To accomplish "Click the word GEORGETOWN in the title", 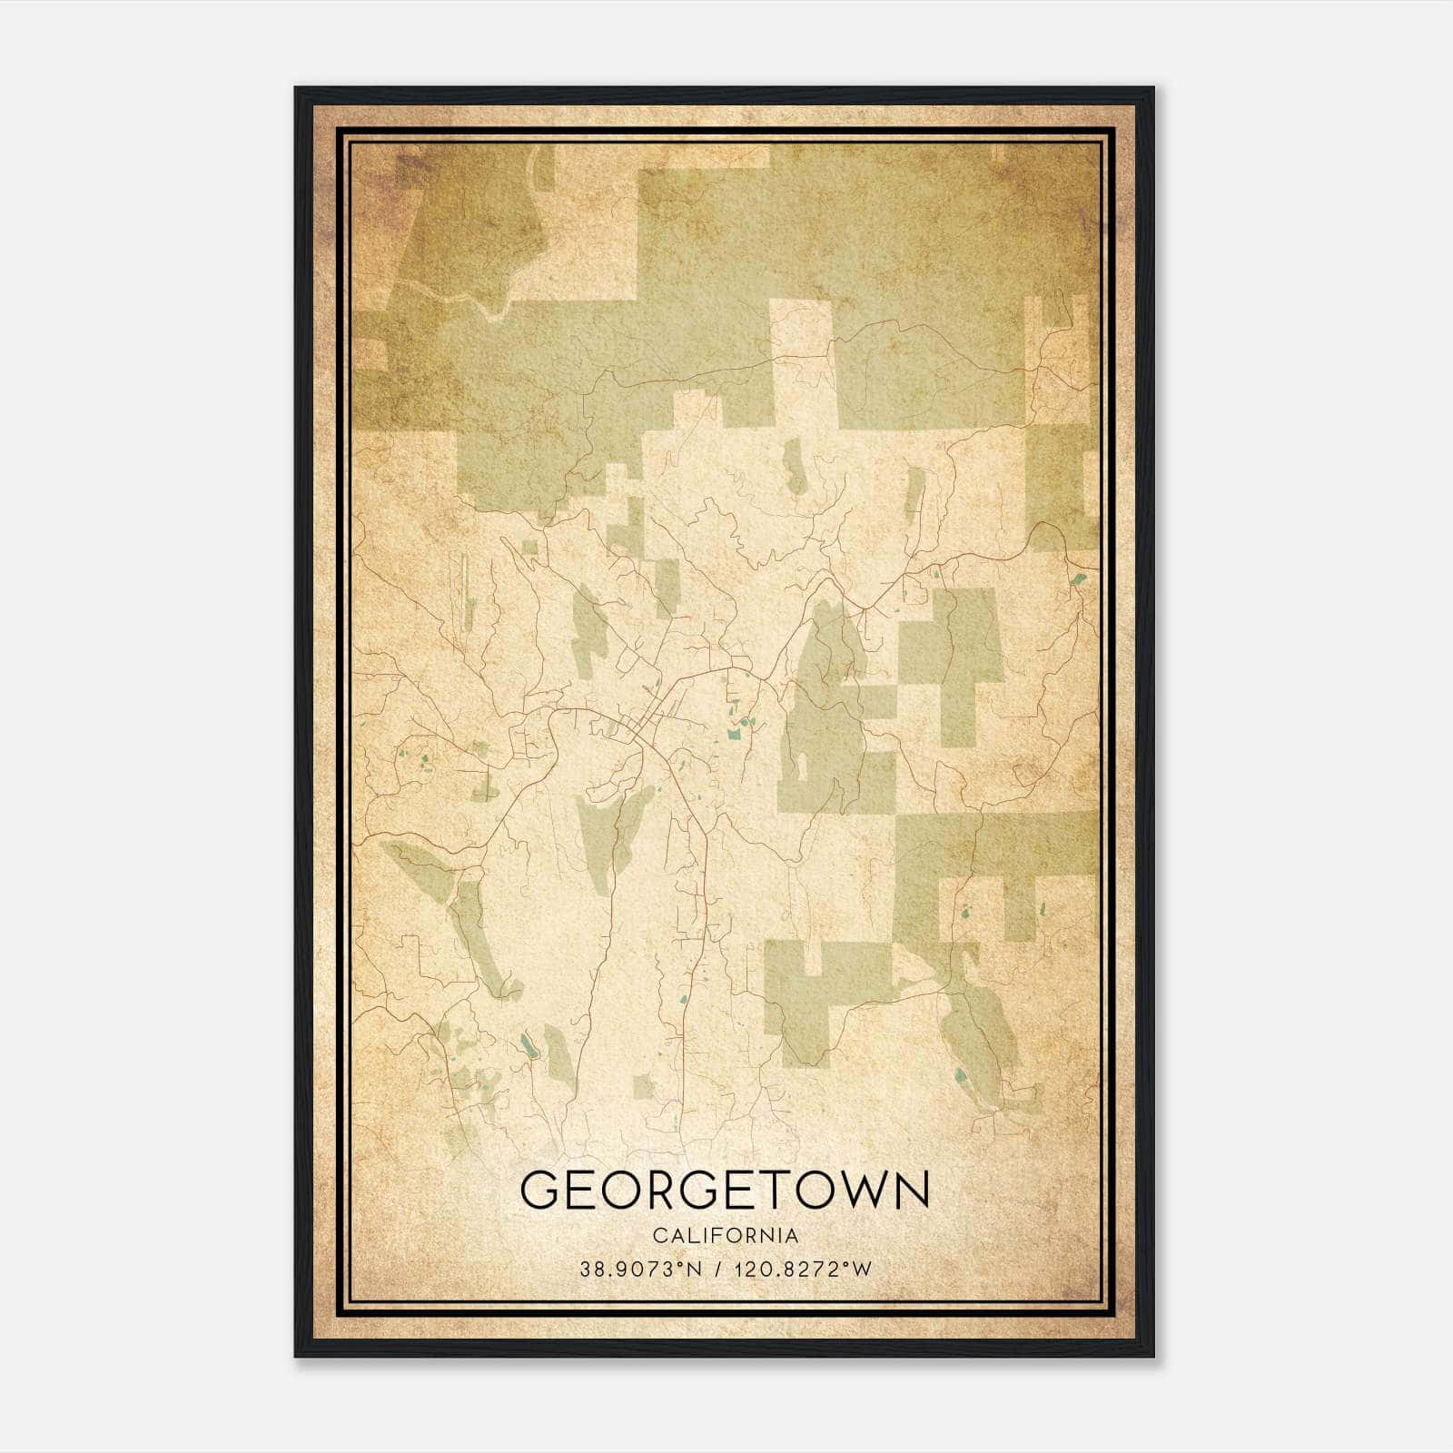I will (725, 1190).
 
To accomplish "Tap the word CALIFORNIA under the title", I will (726, 1236).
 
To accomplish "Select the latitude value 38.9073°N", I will (641, 1270).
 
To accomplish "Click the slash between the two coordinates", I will (721, 1270).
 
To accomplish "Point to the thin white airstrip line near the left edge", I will (464, 591).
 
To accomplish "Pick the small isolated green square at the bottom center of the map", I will (644, 1085).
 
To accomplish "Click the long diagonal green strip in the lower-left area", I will (481, 935).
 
